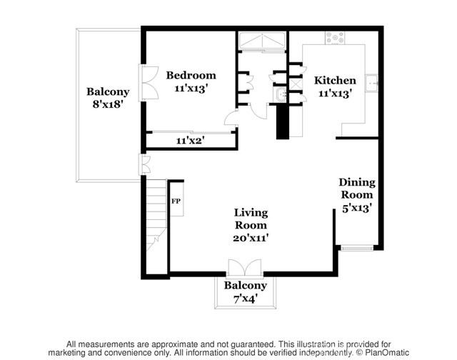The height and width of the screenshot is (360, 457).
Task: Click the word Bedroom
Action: point(191,75)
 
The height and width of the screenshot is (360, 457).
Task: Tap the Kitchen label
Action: point(335,81)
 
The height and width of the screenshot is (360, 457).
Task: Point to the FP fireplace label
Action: point(176,201)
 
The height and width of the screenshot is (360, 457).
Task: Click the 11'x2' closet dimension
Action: point(191,141)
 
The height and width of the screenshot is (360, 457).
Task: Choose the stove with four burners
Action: point(335,37)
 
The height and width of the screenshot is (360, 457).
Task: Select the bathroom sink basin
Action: point(279,94)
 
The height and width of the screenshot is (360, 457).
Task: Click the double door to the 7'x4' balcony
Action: point(245,269)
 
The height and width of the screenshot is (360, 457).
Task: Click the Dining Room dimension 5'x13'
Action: point(356,208)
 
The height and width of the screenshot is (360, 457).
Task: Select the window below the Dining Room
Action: point(356,249)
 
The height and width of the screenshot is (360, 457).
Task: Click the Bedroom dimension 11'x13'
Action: point(191,89)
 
